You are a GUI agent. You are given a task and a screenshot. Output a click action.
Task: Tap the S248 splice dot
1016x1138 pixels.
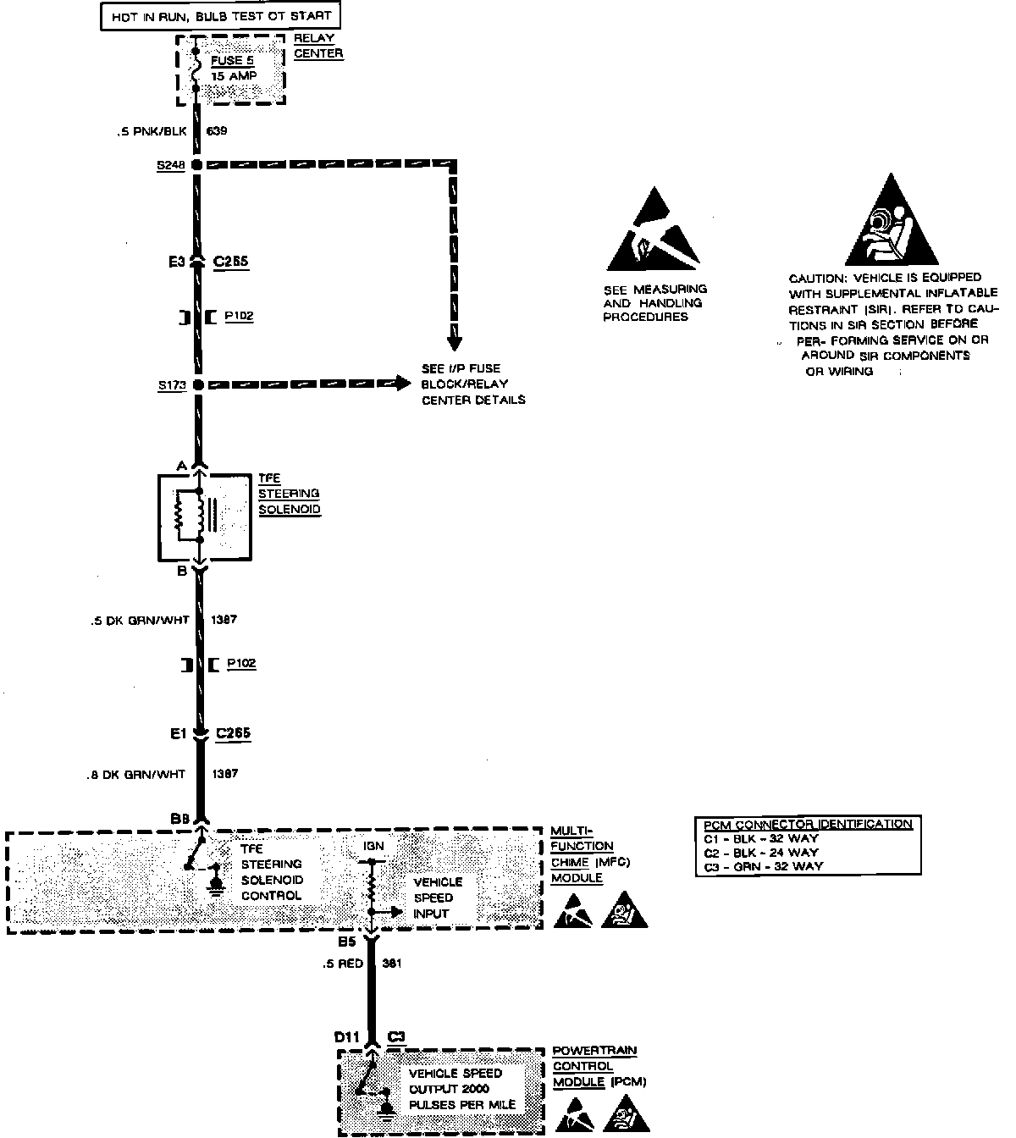point(196,164)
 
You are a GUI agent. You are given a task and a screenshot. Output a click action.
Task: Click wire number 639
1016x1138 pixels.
point(217,131)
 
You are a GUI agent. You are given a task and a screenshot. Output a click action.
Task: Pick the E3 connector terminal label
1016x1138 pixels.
point(176,262)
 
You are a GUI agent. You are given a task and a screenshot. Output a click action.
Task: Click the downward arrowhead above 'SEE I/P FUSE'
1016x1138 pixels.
point(455,340)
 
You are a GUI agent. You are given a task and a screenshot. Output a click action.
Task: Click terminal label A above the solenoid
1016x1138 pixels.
point(180,467)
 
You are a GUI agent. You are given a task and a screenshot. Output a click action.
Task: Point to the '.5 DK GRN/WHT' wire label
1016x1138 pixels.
point(140,621)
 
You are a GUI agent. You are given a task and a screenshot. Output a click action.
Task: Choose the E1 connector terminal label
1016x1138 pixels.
point(177,734)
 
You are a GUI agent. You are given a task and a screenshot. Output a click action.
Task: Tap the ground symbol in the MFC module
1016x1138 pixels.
point(216,884)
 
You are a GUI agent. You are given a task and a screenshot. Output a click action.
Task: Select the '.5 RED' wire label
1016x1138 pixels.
point(342,964)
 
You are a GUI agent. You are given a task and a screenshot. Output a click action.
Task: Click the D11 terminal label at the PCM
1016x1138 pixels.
point(347,1036)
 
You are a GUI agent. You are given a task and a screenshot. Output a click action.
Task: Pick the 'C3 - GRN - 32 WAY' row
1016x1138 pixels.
point(762,866)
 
